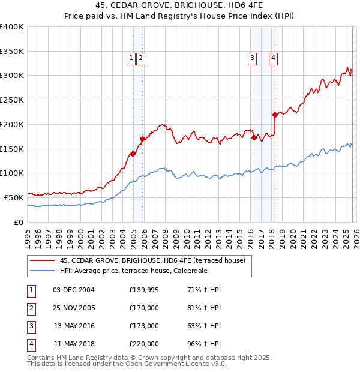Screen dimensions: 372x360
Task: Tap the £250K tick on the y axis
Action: click(12, 100)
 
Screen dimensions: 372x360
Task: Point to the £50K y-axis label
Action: click(14, 197)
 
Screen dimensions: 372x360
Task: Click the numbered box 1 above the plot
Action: click(131, 58)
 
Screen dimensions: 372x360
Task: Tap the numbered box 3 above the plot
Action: click(252, 58)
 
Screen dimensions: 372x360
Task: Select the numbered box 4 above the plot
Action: click(273, 58)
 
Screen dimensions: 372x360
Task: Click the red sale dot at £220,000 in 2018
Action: click(275, 115)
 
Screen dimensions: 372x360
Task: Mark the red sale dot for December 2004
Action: click(133, 154)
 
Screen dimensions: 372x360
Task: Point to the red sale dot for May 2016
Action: click(254, 137)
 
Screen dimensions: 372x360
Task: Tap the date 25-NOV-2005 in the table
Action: click(74, 307)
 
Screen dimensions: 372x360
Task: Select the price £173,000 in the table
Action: click(143, 326)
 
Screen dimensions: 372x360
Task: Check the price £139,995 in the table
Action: click(143, 289)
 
